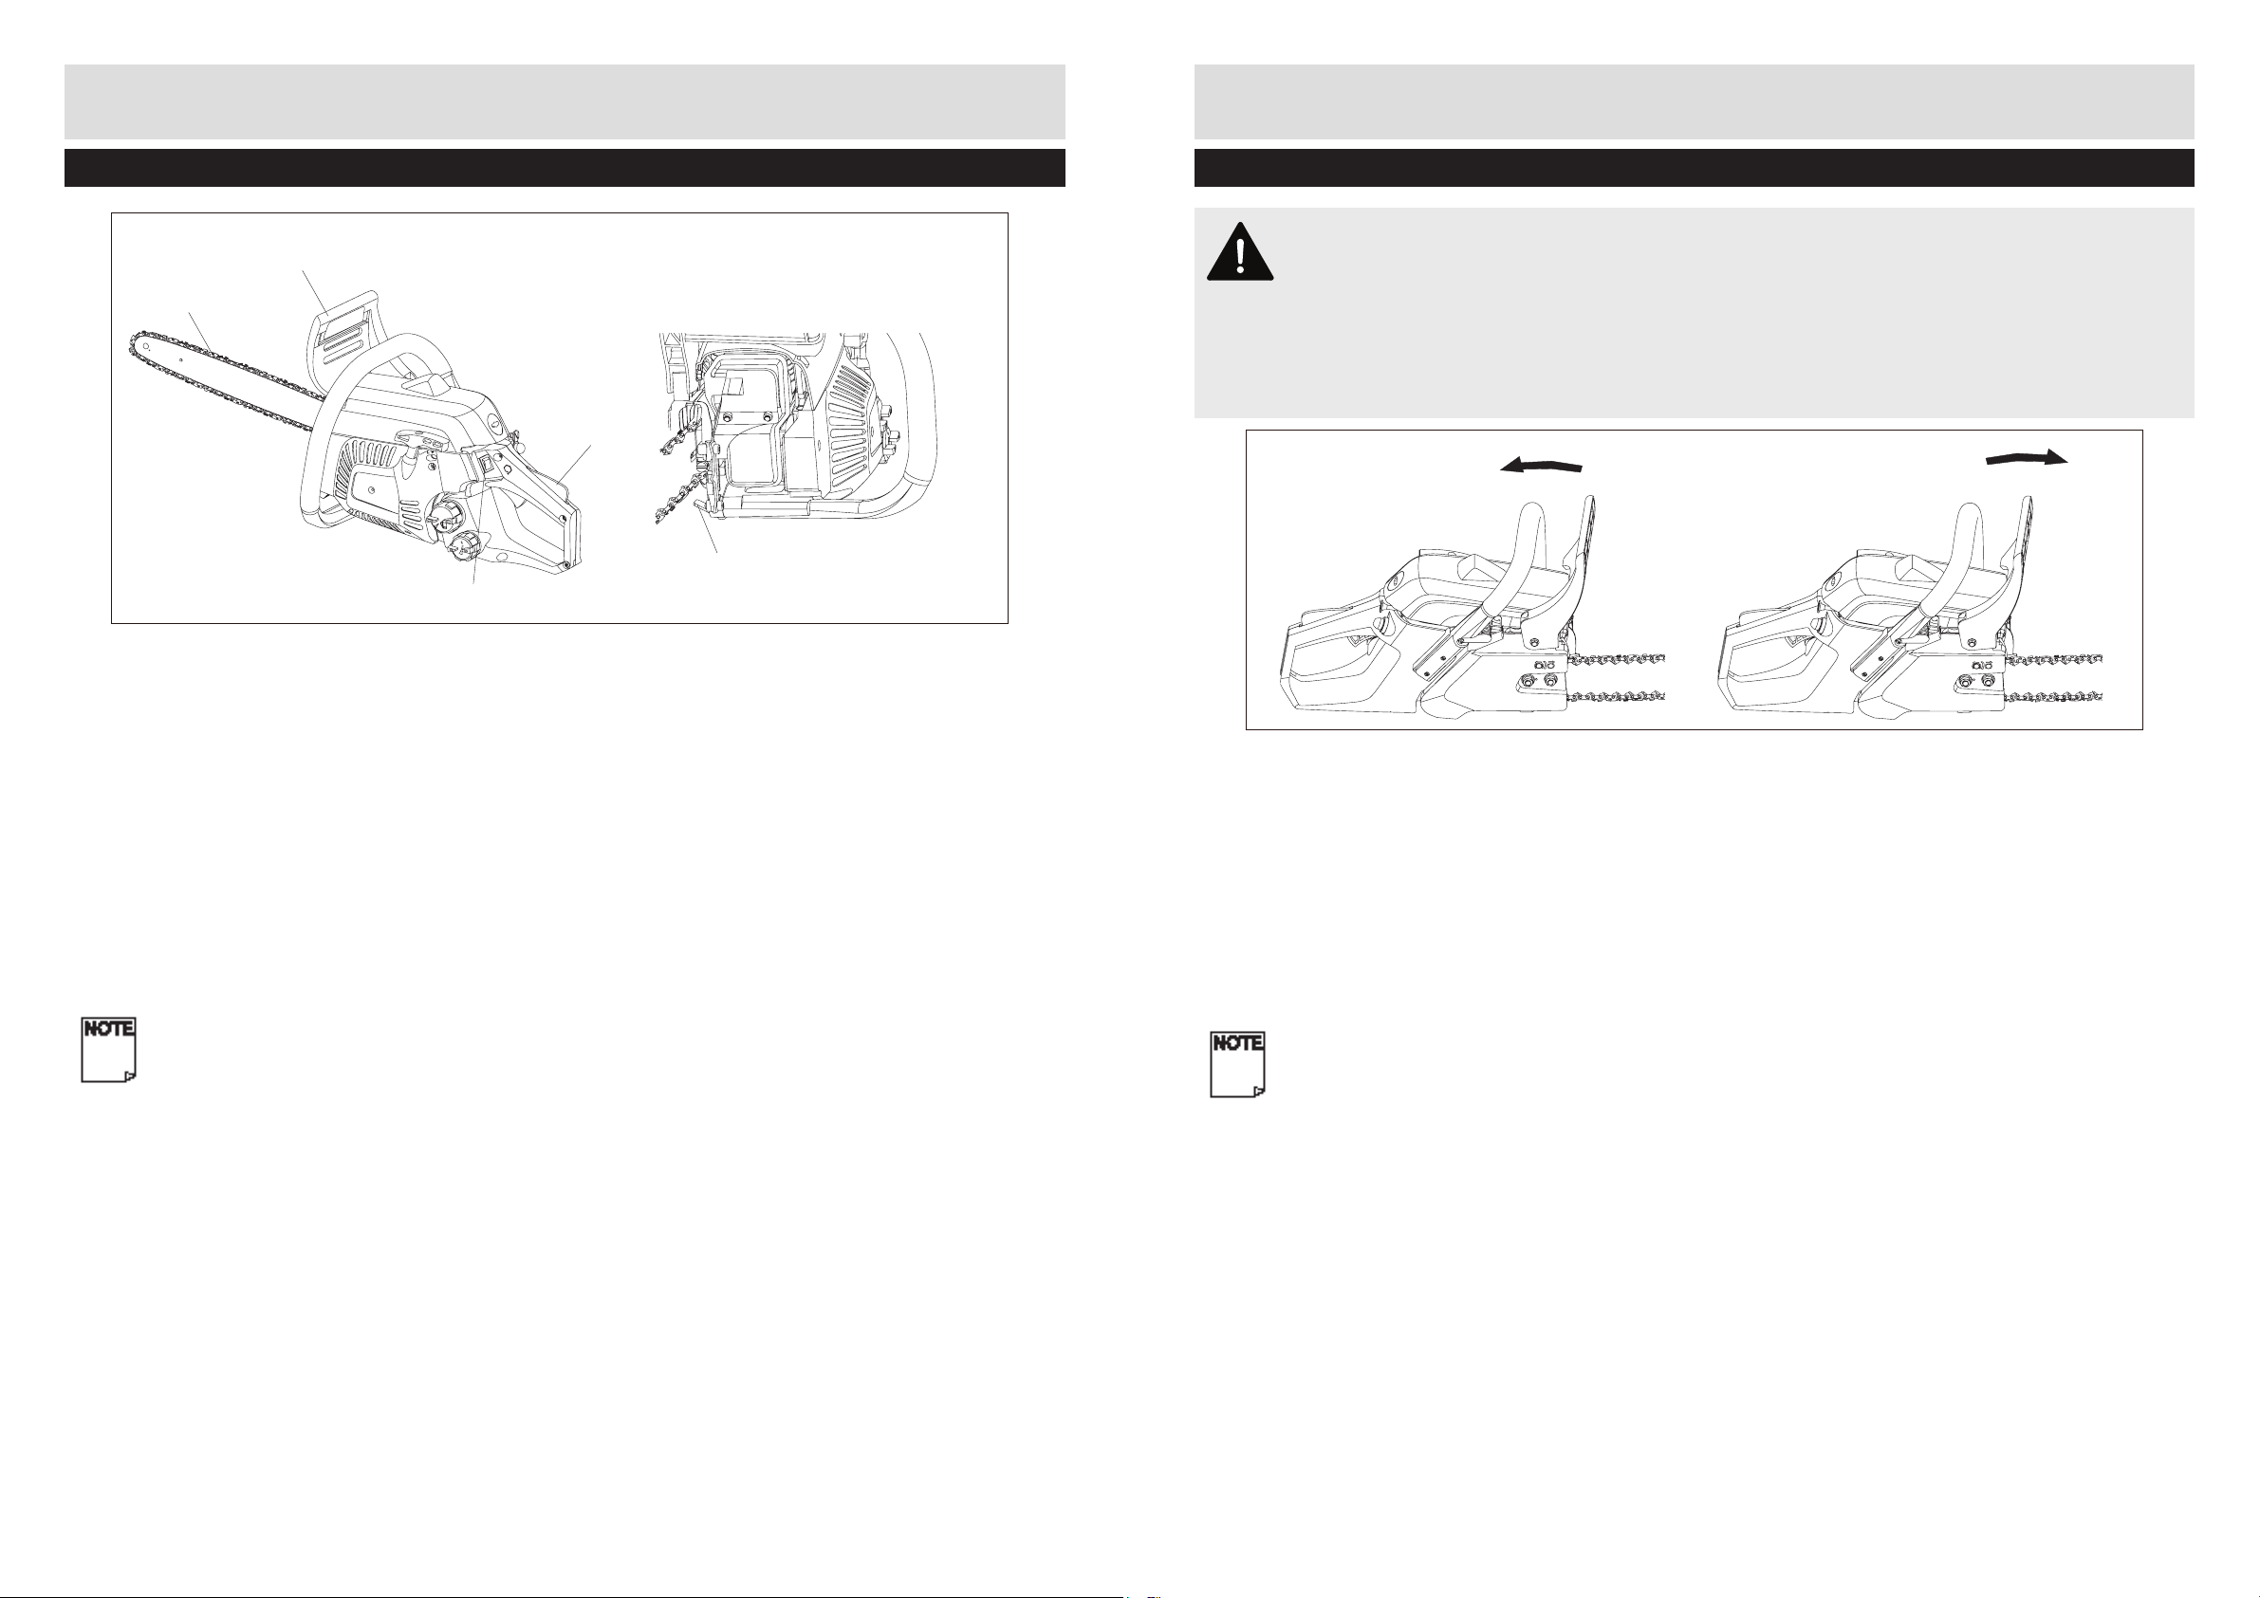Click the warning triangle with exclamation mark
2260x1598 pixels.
1240,251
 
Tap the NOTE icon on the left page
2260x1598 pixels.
108,1050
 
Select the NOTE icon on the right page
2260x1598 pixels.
1237,1064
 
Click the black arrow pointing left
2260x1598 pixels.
1542,467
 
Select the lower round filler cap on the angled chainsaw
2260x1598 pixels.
473,547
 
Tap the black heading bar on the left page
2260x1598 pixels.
565,167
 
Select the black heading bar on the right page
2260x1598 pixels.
1694,167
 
